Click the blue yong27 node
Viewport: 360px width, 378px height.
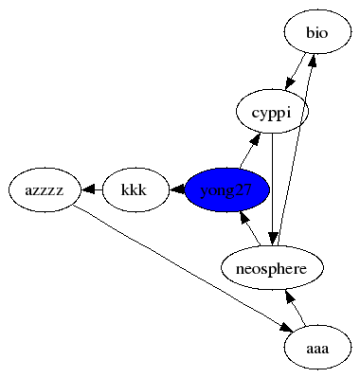point(227,189)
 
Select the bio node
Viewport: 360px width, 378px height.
point(317,32)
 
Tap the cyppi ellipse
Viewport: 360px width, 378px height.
point(272,112)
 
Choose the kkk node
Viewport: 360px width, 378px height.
point(135,189)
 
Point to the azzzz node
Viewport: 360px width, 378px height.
point(45,189)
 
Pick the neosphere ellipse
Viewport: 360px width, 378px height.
point(272,268)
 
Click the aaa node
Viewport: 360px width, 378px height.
point(317,347)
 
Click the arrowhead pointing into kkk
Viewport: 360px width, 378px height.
point(177,189)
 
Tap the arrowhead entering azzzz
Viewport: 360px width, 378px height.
point(89,189)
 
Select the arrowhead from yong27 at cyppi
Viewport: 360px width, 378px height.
point(256,140)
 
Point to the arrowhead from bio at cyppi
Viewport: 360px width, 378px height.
point(290,83)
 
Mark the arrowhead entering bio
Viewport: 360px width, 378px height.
point(313,62)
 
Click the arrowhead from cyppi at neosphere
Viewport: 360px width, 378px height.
point(274,239)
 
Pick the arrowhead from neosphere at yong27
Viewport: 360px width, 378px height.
point(245,218)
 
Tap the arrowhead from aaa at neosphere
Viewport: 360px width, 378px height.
point(290,297)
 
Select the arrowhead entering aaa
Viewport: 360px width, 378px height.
point(287,328)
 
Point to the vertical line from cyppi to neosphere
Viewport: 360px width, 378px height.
point(273,183)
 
